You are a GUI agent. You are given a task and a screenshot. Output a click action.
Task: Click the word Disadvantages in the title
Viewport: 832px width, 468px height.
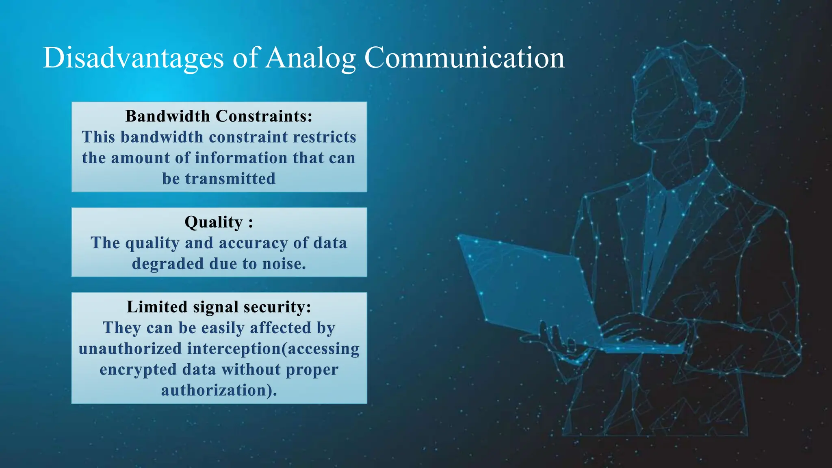coord(133,58)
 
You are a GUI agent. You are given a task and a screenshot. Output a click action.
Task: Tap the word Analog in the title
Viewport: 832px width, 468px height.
coord(311,58)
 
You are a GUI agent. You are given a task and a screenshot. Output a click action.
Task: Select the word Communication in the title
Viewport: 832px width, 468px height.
coord(464,58)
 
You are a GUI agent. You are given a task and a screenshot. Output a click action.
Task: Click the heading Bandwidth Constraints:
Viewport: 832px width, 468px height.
coord(219,116)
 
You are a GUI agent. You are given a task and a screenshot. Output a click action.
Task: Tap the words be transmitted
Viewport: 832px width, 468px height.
coord(219,179)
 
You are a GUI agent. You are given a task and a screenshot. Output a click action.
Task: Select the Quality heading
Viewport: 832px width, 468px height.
coord(218,222)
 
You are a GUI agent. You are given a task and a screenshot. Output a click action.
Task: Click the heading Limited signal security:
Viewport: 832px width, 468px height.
coord(219,307)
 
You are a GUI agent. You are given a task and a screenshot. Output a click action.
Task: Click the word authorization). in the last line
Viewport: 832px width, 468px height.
coord(219,390)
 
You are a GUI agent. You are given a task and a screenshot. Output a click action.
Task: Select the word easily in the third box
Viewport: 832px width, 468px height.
coord(223,328)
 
